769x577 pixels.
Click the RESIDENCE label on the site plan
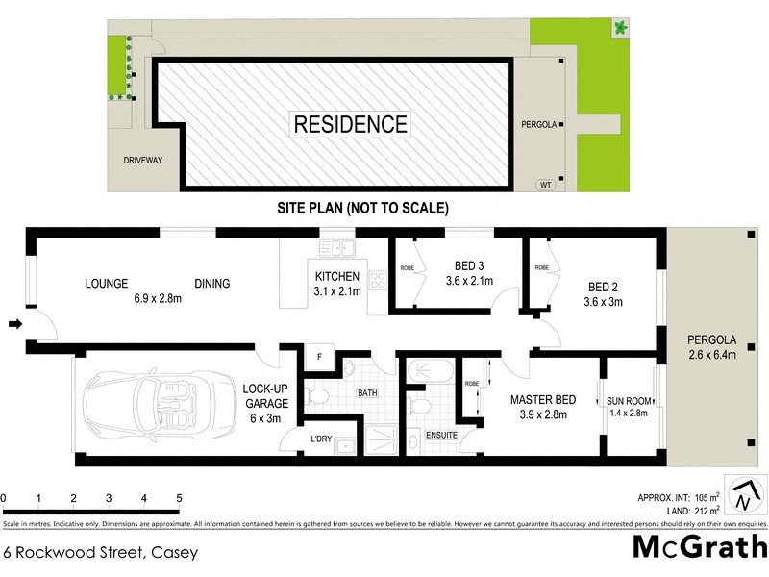coord(350,124)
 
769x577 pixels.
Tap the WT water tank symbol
coord(546,185)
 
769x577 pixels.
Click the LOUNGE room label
coord(108,284)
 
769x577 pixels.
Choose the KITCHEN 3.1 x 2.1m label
coord(336,285)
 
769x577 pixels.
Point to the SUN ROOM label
coord(629,400)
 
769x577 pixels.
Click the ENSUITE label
coord(442,436)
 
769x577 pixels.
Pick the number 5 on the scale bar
coord(179,498)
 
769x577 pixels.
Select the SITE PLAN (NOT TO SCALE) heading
coord(362,208)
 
